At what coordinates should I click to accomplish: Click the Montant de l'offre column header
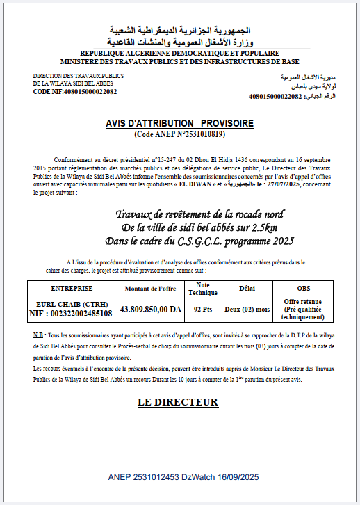(150, 288)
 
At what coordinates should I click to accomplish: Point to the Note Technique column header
(202, 288)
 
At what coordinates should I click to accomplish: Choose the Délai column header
(247, 288)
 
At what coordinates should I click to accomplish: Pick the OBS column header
(304, 288)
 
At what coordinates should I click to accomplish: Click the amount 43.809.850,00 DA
(150, 310)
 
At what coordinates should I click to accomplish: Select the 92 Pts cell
(202, 310)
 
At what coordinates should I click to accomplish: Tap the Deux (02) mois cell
(247, 310)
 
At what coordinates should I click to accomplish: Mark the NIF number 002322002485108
(72, 314)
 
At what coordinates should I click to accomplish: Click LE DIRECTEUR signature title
(178, 402)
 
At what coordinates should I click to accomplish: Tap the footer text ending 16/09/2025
(183, 477)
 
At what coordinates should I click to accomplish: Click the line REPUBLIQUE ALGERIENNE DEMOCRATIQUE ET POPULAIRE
(179, 54)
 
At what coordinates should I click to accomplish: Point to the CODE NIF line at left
(75, 91)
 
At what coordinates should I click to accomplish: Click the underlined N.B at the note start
(38, 335)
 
